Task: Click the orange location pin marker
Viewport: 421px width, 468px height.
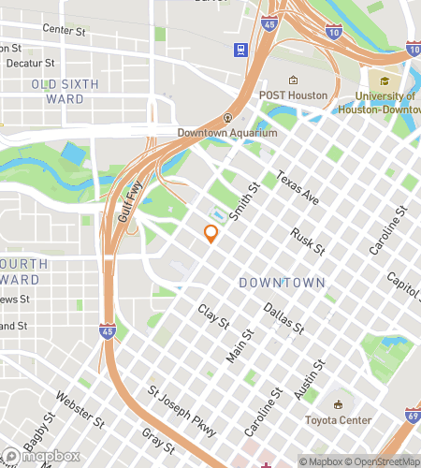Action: (210, 233)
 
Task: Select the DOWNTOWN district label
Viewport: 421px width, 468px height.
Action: (282, 282)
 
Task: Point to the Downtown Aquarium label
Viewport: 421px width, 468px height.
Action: (227, 132)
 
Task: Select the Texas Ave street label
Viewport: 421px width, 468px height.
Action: (298, 188)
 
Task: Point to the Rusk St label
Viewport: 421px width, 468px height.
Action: (307, 241)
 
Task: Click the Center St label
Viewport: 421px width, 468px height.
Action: (65, 31)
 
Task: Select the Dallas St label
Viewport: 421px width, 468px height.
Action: (283, 317)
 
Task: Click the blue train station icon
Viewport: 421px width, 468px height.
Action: (241, 49)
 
